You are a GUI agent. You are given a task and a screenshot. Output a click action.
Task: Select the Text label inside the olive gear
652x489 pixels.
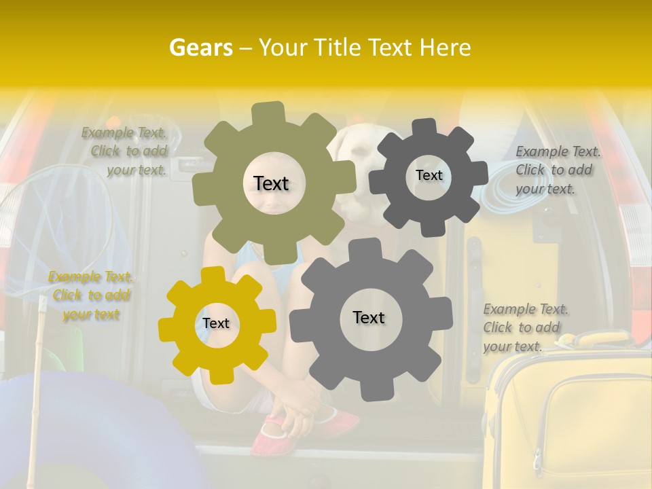coord(271,183)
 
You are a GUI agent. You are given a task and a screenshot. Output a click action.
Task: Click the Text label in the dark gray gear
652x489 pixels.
coord(429,175)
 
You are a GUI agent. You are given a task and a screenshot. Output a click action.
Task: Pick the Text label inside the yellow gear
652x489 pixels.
coord(216,323)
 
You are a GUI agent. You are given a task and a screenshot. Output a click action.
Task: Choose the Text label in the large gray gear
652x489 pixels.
coord(369,317)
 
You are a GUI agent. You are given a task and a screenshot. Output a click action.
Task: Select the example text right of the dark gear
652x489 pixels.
coord(558,170)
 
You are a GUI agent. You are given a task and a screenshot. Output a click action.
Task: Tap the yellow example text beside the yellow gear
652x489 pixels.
coord(91,295)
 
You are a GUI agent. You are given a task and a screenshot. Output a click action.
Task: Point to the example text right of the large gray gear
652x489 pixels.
coord(526,327)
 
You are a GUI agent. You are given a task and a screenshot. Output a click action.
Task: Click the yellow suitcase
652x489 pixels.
coord(570,421)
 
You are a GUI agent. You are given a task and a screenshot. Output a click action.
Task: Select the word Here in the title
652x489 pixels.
coord(446,48)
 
